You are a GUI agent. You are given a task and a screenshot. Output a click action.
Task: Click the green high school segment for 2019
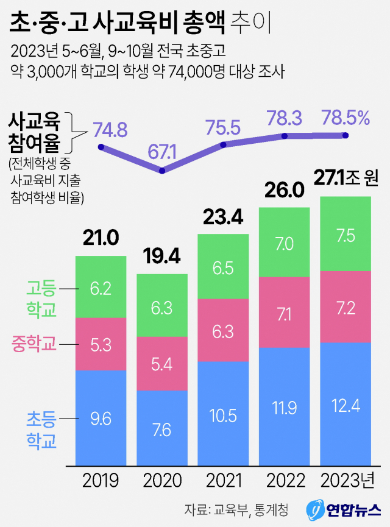[101, 286]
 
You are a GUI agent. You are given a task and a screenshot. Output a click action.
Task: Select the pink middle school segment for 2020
[162, 364]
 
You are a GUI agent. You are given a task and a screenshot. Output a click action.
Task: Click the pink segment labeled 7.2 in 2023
[346, 306]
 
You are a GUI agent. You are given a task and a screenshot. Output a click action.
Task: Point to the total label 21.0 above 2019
[101, 239]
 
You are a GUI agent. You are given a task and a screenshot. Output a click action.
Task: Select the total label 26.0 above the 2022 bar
[285, 191]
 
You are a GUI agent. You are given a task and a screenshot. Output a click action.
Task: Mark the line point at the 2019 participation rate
[101, 147]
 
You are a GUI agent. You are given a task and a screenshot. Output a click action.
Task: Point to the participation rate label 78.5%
[346, 118]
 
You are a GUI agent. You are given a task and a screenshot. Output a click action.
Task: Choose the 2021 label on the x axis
[223, 481]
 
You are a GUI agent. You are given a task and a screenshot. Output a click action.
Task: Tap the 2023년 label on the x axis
[347, 481]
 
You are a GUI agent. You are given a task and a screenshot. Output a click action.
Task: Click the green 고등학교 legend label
[41, 299]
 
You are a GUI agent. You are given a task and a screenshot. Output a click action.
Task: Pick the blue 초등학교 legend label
[41, 429]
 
